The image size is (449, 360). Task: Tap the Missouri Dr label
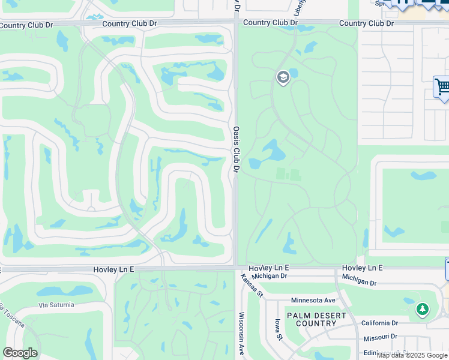coord(380,337)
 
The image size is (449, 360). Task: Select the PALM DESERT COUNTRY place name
coord(316,319)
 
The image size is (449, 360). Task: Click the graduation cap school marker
coord(283,77)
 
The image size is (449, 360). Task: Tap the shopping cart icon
coord(442,87)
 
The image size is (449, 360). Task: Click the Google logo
coord(20,353)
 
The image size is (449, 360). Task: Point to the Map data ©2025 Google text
coord(412,355)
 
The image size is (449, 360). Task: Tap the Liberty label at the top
coord(300,10)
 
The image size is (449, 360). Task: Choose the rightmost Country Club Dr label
coord(366,23)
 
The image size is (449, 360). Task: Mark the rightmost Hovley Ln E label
coord(362,268)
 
